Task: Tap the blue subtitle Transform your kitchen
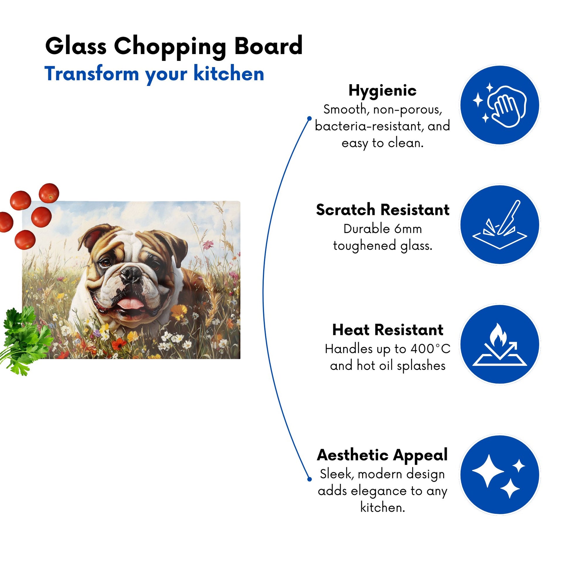click(x=154, y=74)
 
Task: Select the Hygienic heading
click(x=382, y=91)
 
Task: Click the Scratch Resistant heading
click(x=382, y=210)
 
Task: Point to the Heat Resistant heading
click(x=388, y=330)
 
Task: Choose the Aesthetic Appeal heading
click(x=382, y=455)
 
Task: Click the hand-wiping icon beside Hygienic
click(x=500, y=105)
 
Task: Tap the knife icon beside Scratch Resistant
click(x=500, y=225)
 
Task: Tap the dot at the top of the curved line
click(x=309, y=118)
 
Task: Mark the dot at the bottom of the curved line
click(x=309, y=479)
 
